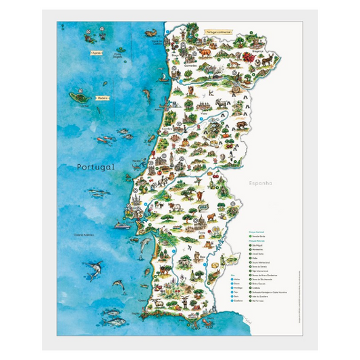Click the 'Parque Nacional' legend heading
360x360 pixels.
click(248, 230)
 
